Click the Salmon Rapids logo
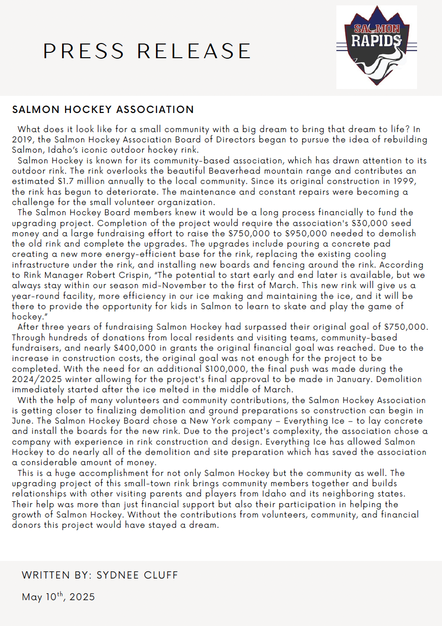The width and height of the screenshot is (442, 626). tap(376, 47)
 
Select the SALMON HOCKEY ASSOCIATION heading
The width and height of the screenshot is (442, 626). tap(103, 110)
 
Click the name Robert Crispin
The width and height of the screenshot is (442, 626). tap(110, 275)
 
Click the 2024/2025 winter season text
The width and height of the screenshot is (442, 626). tap(35, 380)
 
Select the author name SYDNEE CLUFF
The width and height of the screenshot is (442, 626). tap(137, 575)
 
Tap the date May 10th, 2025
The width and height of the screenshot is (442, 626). tap(58, 597)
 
